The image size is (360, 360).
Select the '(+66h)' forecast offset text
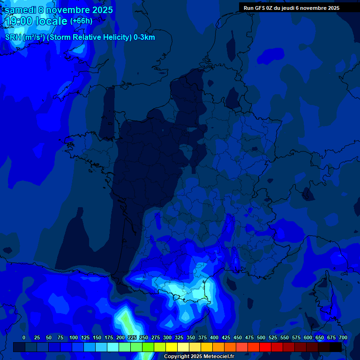pyautogui.click(x=81, y=21)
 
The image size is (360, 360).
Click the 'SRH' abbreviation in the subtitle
pyautogui.click(x=13, y=37)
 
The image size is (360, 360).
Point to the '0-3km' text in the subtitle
pyautogui.click(x=144, y=37)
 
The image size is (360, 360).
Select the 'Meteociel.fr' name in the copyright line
pyautogui.click(x=218, y=357)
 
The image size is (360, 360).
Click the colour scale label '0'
pyautogui.click(x=24, y=338)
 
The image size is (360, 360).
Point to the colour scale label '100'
pyautogui.click(x=74, y=338)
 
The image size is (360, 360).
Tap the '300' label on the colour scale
pyautogui.click(x=167, y=338)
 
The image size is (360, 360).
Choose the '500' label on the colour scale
pyautogui.click(x=261, y=338)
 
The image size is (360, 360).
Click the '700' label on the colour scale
pyautogui.click(x=343, y=338)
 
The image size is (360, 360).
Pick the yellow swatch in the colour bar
pyautogui.click(x=172, y=347)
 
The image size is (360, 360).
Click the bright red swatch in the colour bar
pyautogui.click(x=265, y=347)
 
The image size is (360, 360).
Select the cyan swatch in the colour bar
pyautogui.click(x=113, y=347)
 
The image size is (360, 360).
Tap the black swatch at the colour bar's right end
pyautogui.click(x=336, y=347)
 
